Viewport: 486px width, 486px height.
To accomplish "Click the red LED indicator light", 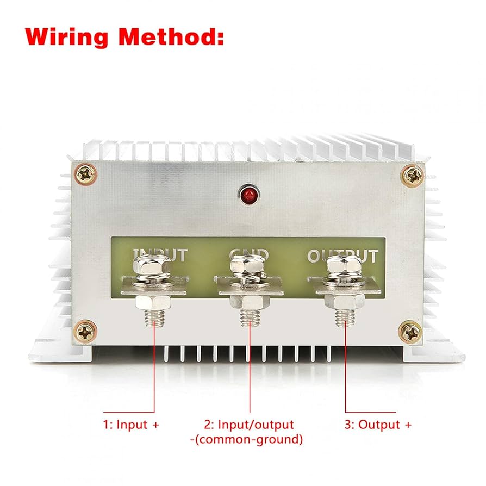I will [x=248, y=194].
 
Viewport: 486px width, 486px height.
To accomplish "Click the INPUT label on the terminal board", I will [x=160, y=254].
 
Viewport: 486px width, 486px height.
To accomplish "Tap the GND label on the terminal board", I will [x=250, y=254].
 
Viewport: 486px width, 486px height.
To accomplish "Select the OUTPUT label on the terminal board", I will [x=342, y=255].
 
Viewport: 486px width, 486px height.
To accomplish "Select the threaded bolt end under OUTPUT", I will [x=346, y=317].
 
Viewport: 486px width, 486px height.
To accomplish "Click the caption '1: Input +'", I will [x=131, y=425].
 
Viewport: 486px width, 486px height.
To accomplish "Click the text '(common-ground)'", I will [x=250, y=439].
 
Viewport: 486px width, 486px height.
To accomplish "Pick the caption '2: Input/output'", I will [x=248, y=425].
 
